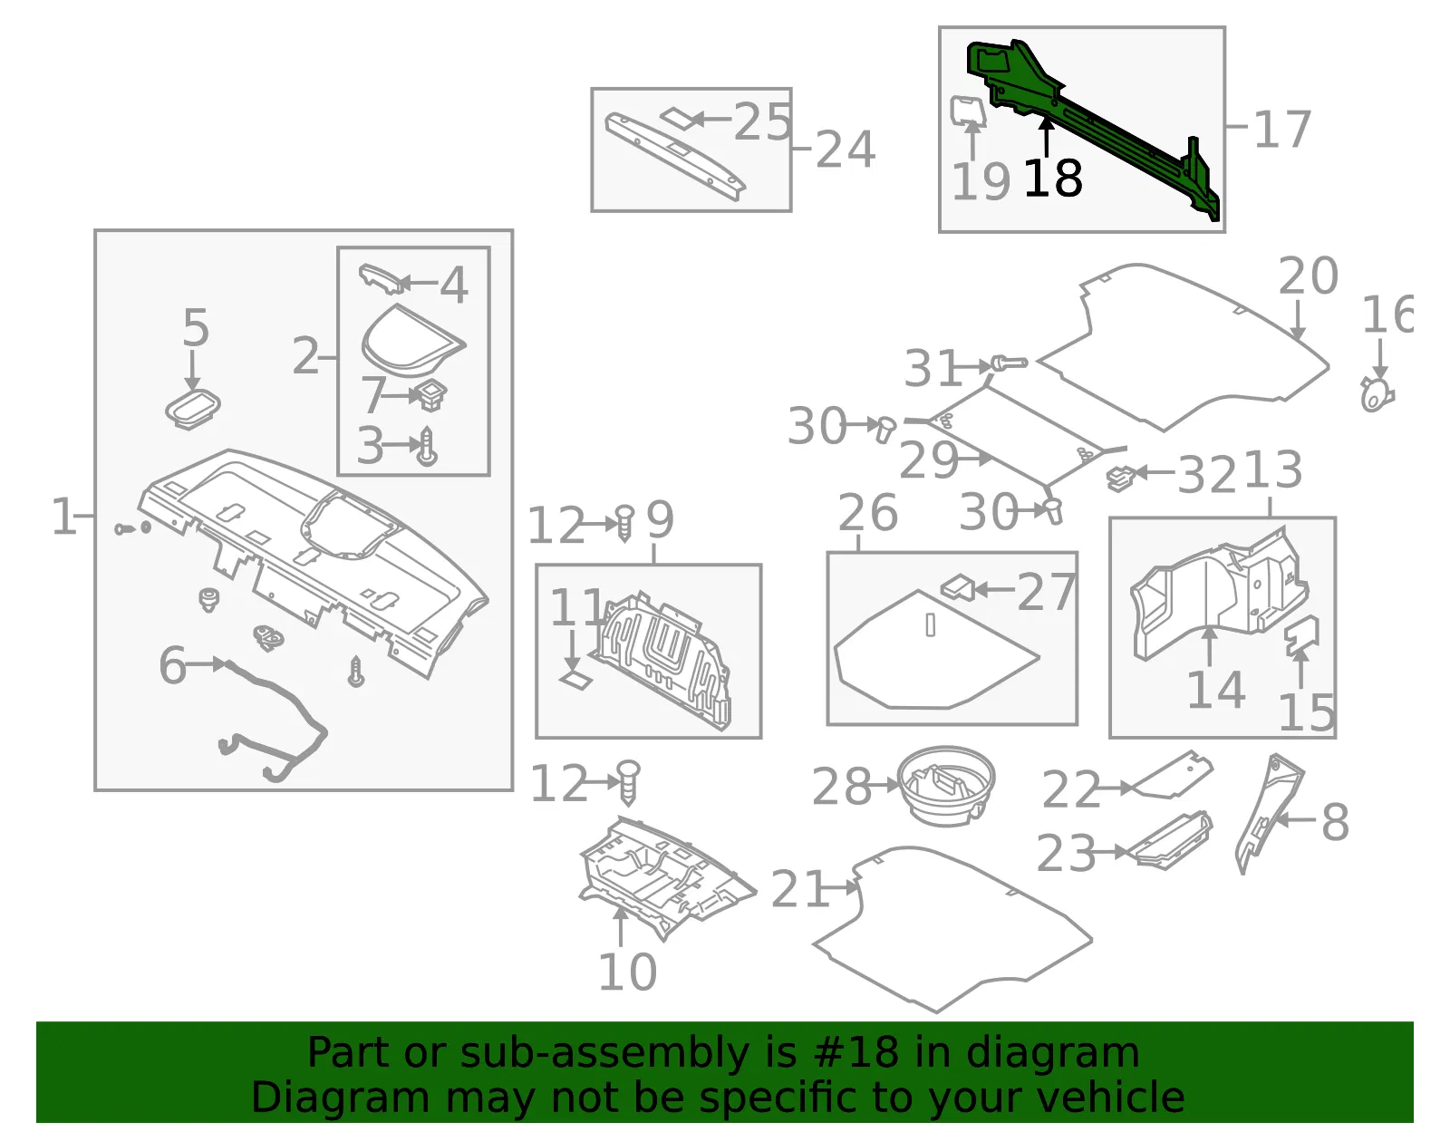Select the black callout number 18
[1053, 179]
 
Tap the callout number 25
[762, 122]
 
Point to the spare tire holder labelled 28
[945, 786]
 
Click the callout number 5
[196, 327]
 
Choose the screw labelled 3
[427, 446]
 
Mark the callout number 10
[627, 972]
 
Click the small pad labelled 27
[958, 587]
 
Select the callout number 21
[799, 889]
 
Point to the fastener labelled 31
[1009, 363]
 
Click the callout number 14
[1216, 691]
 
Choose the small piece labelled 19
[968, 110]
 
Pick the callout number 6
[173, 665]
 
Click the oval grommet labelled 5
[193, 408]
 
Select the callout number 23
[1066, 853]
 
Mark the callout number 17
[1282, 130]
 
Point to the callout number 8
[1336, 822]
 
